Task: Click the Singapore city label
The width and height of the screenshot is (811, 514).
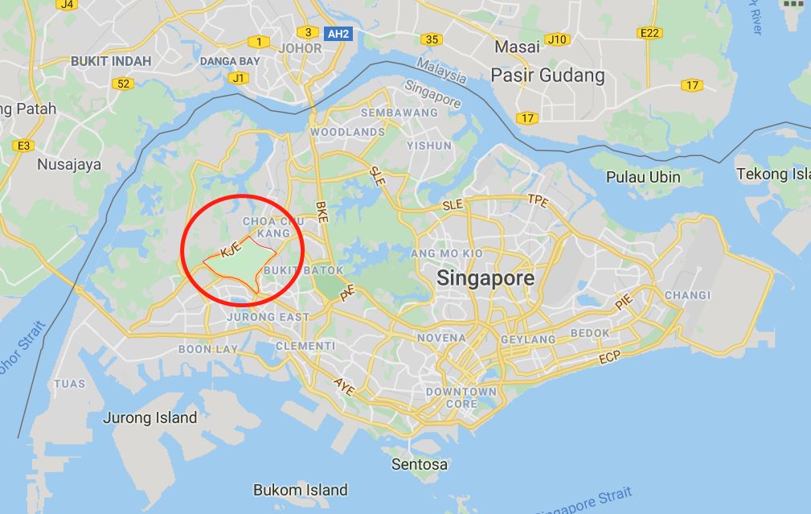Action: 485,278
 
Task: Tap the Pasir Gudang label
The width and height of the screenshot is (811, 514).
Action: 547,76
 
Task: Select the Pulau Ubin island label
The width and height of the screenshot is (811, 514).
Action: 643,177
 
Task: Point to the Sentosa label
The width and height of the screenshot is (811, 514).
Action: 420,464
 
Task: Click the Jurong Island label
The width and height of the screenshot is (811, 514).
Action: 150,417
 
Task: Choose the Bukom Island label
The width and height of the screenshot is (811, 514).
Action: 301,489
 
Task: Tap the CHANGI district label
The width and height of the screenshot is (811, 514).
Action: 687,295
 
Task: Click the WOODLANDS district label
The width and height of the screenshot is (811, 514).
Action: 348,131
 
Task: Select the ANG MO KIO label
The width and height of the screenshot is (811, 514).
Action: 469,253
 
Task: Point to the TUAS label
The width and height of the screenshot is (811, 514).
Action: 69,384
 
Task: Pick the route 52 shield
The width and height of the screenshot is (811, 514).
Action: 123,84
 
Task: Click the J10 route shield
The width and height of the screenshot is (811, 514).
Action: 555,39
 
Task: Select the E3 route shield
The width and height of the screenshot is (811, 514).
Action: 23,145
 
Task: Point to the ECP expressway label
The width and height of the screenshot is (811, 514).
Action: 610,357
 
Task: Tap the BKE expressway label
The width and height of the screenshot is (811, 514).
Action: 322,210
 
